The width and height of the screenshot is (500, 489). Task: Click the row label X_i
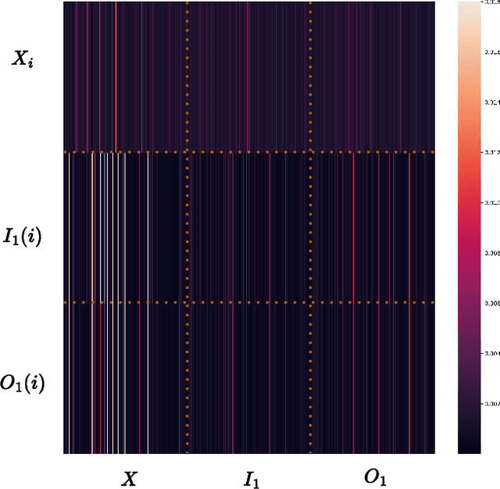(x=20, y=57)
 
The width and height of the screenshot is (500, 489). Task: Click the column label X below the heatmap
(x=129, y=478)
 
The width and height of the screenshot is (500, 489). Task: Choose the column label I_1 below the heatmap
(x=251, y=479)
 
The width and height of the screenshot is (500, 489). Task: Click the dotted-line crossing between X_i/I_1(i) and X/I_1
(x=187, y=152)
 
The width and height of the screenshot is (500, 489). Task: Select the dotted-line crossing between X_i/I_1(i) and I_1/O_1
(x=311, y=152)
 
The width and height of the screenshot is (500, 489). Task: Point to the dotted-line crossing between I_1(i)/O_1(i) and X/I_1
(x=187, y=302)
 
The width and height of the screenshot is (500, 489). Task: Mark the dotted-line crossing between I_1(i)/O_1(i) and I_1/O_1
(x=311, y=302)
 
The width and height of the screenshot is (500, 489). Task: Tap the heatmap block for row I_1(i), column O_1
(x=373, y=227)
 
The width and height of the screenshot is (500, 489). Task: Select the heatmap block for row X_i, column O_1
(x=373, y=77)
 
